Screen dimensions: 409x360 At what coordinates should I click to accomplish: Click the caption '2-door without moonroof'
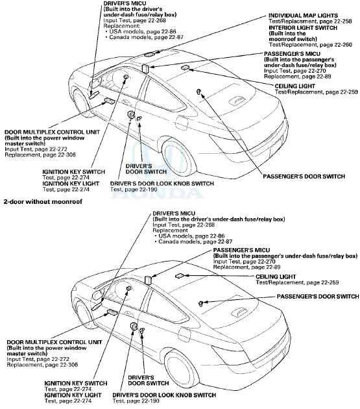click(43, 203)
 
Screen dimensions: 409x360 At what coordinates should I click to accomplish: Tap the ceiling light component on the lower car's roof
click(180, 276)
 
